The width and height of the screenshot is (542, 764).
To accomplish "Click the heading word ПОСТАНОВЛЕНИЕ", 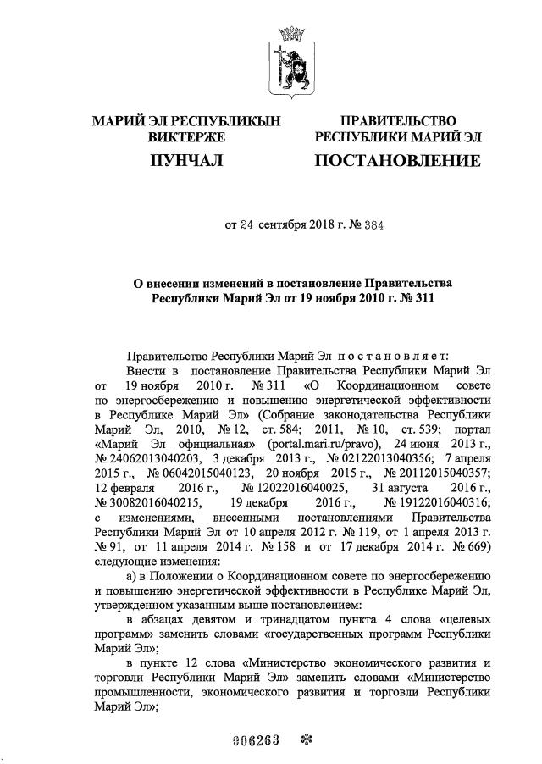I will pyautogui.click(x=397, y=159).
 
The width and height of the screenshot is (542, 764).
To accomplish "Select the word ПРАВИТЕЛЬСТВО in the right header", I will pyautogui.click(x=397, y=122).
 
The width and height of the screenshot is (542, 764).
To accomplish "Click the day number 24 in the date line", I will pyautogui.click(x=246, y=226).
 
